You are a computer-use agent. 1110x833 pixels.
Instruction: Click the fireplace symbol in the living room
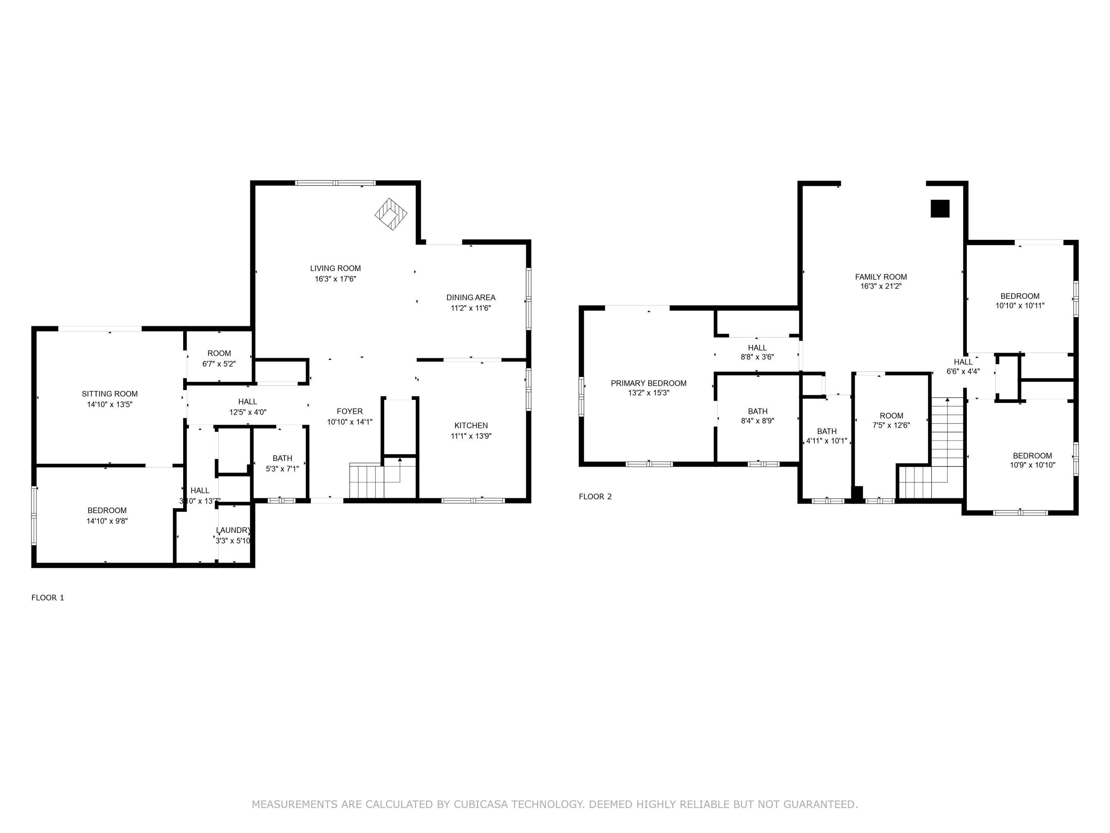coord(391,214)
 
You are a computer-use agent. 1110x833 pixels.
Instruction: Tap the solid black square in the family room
coord(940,208)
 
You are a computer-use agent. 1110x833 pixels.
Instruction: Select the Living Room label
coord(335,268)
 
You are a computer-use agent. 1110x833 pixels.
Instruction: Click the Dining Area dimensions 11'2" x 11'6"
coord(470,308)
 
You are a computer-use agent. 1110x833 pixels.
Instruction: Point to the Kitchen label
coord(471,425)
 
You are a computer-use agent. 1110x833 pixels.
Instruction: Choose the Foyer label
coord(349,411)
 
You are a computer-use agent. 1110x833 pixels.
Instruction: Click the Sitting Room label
coord(110,394)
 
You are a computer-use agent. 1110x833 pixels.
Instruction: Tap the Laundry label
coord(233,530)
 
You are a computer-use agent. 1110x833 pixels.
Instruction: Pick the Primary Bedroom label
coord(648,383)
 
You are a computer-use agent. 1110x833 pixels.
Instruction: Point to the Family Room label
coord(881,277)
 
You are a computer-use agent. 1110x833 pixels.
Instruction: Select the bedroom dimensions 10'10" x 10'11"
coord(1020,305)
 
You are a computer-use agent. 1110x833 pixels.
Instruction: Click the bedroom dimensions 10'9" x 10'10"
coord(1032,465)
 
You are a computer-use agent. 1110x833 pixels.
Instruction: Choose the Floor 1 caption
coord(48,598)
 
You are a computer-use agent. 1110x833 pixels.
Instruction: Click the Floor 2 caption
coord(595,496)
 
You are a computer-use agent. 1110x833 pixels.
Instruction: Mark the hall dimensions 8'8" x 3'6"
coord(757,357)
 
